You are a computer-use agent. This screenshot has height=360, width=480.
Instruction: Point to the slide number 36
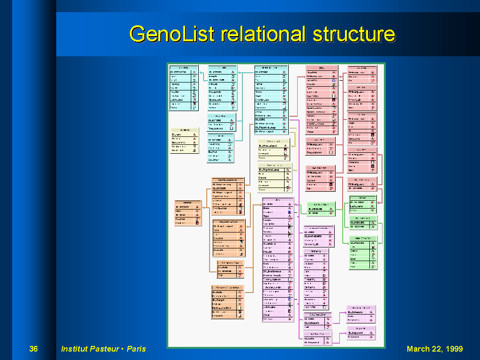[33, 349]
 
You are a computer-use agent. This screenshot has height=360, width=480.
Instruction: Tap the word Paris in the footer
[136, 349]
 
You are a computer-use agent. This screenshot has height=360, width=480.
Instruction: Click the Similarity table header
[316, 251]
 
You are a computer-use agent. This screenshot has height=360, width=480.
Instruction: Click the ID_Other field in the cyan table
[214, 152]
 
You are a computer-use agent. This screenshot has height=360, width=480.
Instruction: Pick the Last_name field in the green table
[358, 206]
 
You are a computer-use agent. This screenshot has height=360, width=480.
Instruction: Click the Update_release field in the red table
[317, 112]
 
